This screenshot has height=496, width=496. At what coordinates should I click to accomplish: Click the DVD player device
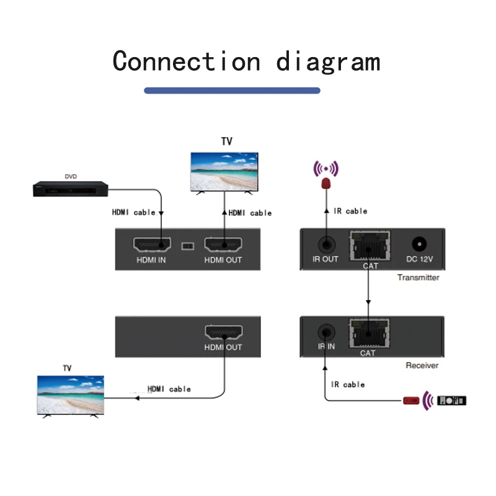(x=71, y=189)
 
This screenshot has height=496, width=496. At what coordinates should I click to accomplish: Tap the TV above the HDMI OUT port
(x=224, y=173)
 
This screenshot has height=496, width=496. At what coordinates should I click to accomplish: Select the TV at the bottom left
(x=71, y=396)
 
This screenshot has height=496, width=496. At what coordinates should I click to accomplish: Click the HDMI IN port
(x=152, y=244)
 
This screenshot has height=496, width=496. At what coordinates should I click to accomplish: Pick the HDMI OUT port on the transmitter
(x=223, y=244)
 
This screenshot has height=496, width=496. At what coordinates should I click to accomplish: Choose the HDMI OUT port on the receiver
(x=224, y=332)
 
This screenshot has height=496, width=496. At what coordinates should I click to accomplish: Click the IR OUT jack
(x=327, y=244)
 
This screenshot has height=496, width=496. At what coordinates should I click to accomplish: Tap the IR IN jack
(x=326, y=332)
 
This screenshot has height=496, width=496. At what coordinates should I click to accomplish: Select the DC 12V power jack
(x=419, y=244)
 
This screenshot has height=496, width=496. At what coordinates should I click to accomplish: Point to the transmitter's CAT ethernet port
(x=370, y=246)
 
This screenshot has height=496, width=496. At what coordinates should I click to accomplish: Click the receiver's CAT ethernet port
(x=370, y=334)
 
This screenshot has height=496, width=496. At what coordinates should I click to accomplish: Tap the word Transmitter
(x=418, y=277)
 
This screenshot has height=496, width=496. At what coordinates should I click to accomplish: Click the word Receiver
(x=422, y=365)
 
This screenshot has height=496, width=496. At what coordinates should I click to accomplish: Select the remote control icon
(x=451, y=401)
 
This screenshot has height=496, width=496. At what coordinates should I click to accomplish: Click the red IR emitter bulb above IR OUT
(x=326, y=184)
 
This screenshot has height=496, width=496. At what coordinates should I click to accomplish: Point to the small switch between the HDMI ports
(x=188, y=246)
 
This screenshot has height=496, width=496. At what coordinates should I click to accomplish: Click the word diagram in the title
(x=329, y=61)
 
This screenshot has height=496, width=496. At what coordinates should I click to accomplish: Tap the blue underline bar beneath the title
(x=232, y=91)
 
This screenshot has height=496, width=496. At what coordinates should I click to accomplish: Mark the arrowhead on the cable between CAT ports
(x=368, y=302)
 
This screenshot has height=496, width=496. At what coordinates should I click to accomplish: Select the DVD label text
(x=71, y=176)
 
